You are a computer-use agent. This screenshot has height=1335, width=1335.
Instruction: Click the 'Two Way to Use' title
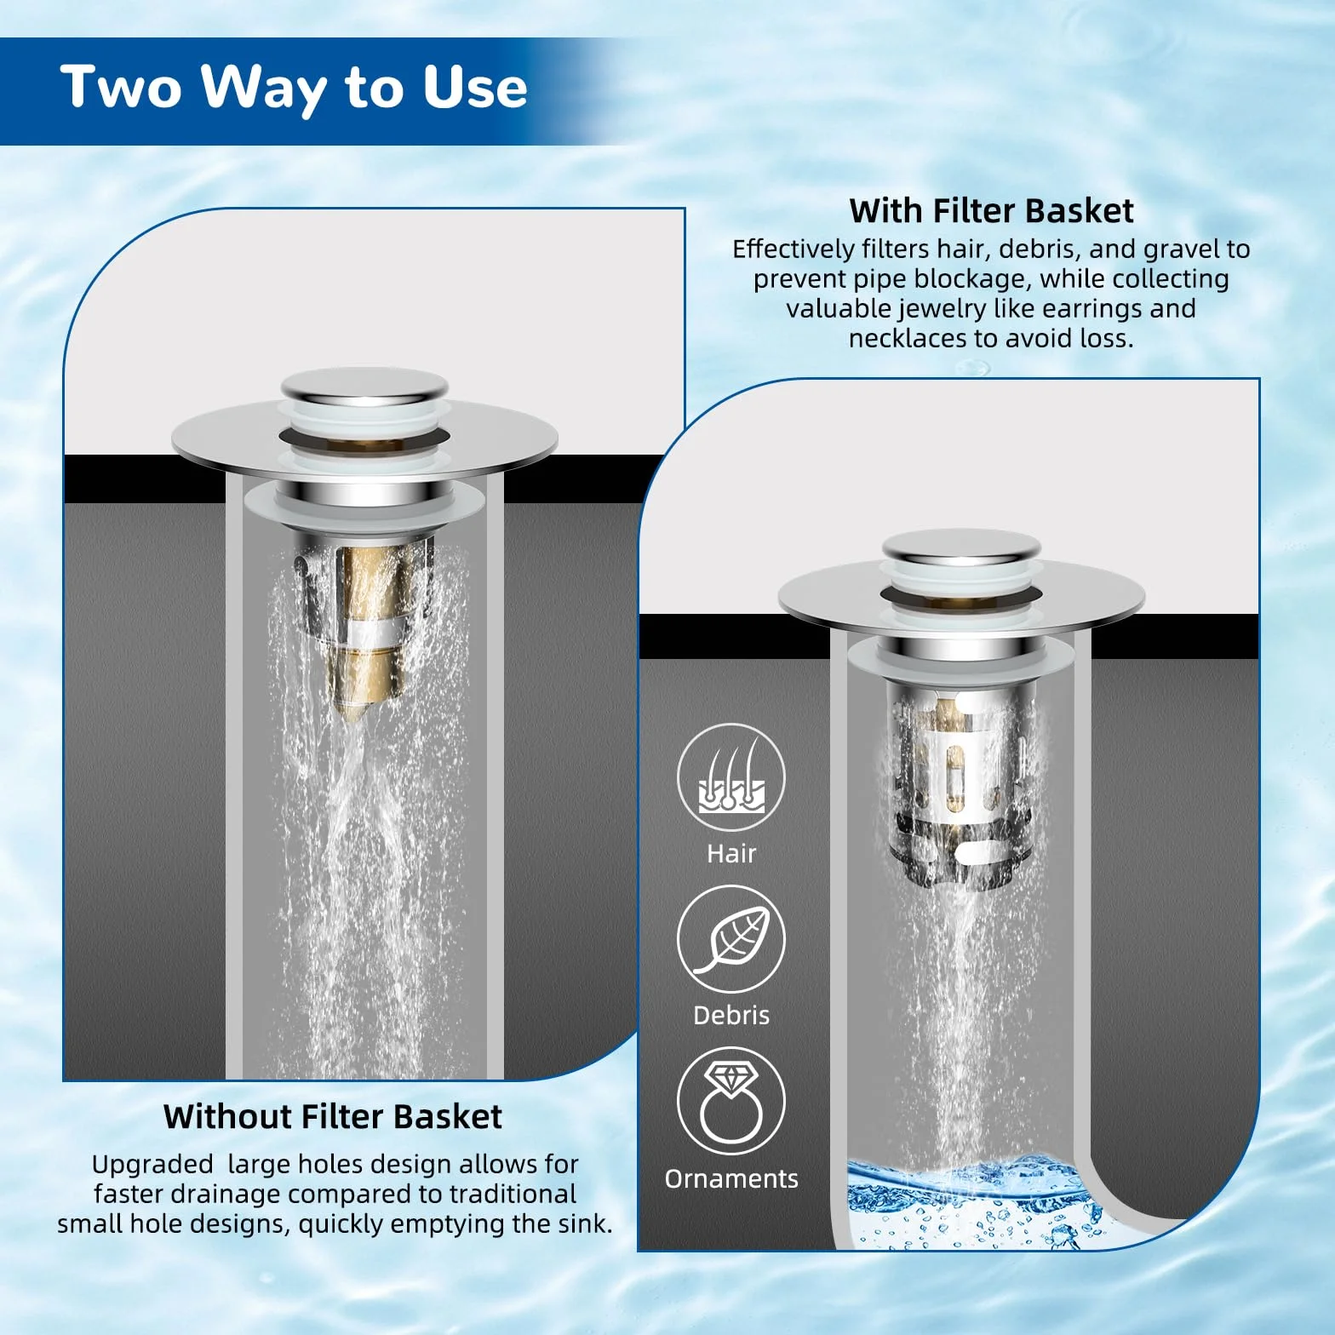click(294, 87)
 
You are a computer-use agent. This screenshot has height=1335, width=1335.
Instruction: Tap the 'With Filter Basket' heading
click(991, 210)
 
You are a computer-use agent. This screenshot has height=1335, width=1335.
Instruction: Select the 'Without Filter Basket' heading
click(333, 1116)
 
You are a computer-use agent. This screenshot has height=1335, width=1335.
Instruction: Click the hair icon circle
click(731, 777)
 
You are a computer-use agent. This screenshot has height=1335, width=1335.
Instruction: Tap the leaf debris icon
click(731, 940)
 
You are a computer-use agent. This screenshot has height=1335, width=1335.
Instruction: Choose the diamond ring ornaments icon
click(731, 1102)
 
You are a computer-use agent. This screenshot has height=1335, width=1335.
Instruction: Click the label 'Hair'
click(731, 853)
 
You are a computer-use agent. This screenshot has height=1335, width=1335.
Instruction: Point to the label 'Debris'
click(731, 1015)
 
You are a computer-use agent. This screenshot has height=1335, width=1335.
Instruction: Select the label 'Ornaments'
click(731, 1178)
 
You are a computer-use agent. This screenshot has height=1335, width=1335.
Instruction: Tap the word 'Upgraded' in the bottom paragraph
click(152, 1166)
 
